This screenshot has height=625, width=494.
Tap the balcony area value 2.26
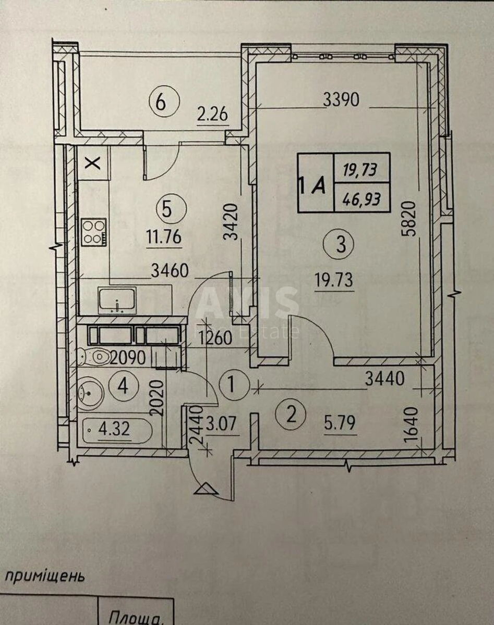pyautogui.click(x=212, y=113)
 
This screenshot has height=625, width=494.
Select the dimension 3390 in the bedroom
pyautogui.click(x=341, y=100)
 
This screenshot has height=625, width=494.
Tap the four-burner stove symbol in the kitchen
pyautogui.click(x=93, y=232)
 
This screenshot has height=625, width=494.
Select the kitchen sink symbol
pyautogui.click(x=117, y=300)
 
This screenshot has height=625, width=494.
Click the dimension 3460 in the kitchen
pyautogui.click(x=169, y=270)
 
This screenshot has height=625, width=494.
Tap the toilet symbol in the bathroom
pyautogui.click(x=94, y=357)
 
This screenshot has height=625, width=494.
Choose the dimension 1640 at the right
pyautogui.click(x=412, y=423)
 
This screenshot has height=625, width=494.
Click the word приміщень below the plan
pyautogui.click(x=44, y=577)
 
